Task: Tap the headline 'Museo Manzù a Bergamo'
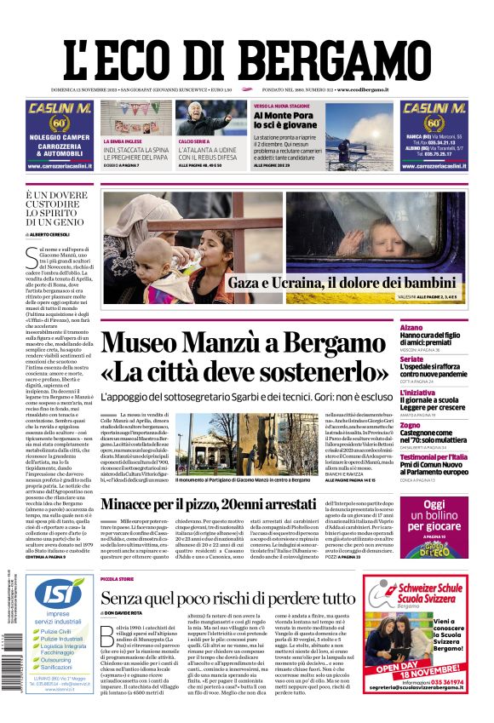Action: click(x=256, y=344)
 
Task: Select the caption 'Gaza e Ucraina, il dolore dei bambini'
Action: click(x=342, y=284)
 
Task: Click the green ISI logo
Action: click(x=59, y=591)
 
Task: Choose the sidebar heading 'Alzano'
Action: click(x=435, y=327)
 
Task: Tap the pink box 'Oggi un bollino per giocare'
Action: click(x=445, y=521)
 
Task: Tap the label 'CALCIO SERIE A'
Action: click(x=193, y=141)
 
